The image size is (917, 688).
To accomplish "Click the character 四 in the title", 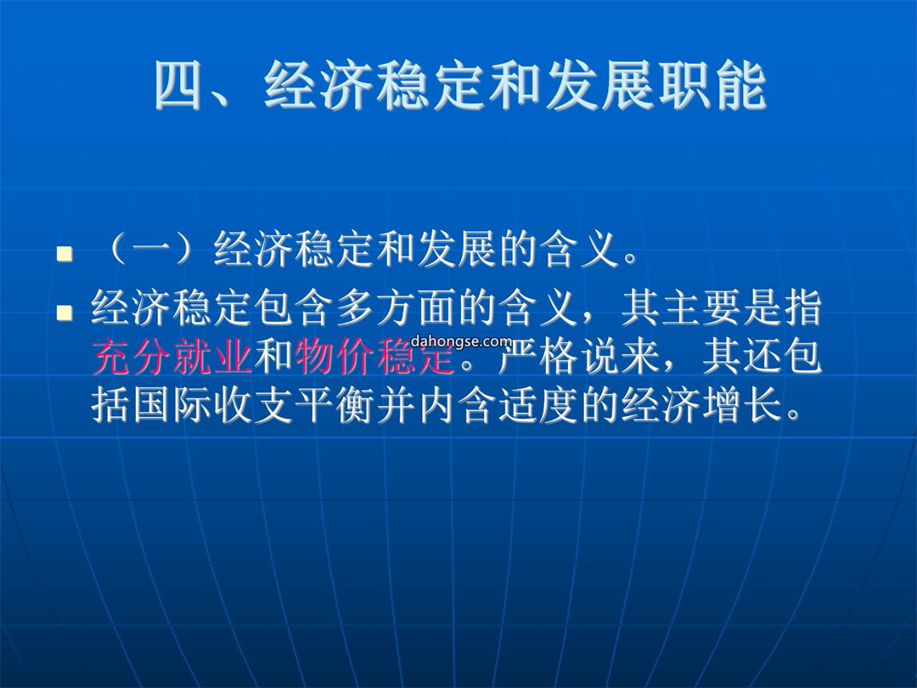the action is (179, 86).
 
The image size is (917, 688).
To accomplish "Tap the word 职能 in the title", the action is (713, 86).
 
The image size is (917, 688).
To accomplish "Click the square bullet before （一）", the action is (65, 253).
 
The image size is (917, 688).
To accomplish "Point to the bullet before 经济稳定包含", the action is (65, 313).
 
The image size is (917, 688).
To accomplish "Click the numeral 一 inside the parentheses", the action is (153, 251).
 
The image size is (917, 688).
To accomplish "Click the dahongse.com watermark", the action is (461, 341).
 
